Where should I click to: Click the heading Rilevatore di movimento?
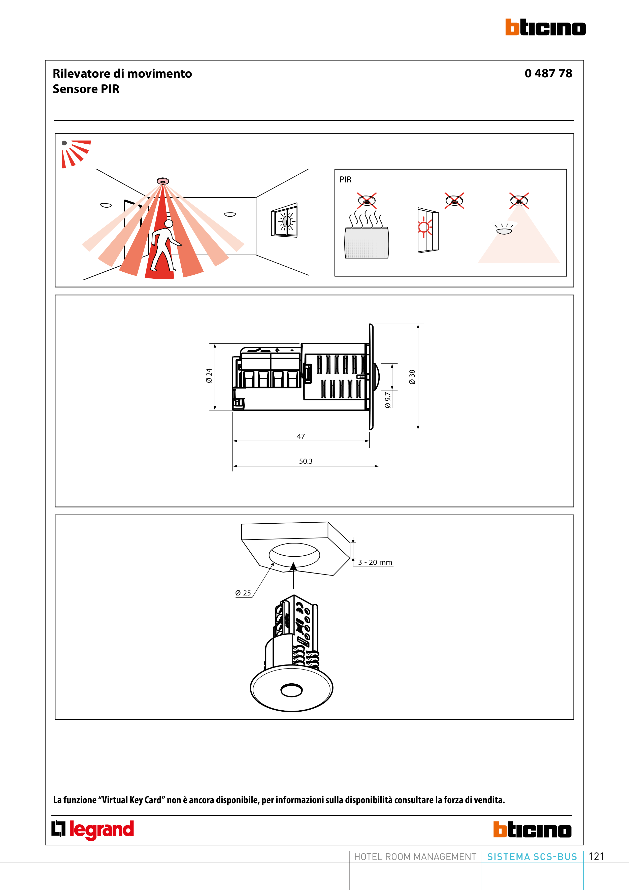122,73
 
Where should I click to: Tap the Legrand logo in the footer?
93,830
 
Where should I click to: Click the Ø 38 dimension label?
412,377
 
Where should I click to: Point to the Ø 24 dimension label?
209,376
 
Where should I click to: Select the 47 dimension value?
301,436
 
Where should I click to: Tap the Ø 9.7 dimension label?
388,400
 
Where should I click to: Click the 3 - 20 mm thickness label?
375,562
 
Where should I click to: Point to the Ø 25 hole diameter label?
243,593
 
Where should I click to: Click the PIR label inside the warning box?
345,179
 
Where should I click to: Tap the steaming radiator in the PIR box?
367,235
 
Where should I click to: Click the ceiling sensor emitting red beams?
163,181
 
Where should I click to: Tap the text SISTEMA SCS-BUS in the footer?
532,857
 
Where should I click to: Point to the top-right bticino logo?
545,27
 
